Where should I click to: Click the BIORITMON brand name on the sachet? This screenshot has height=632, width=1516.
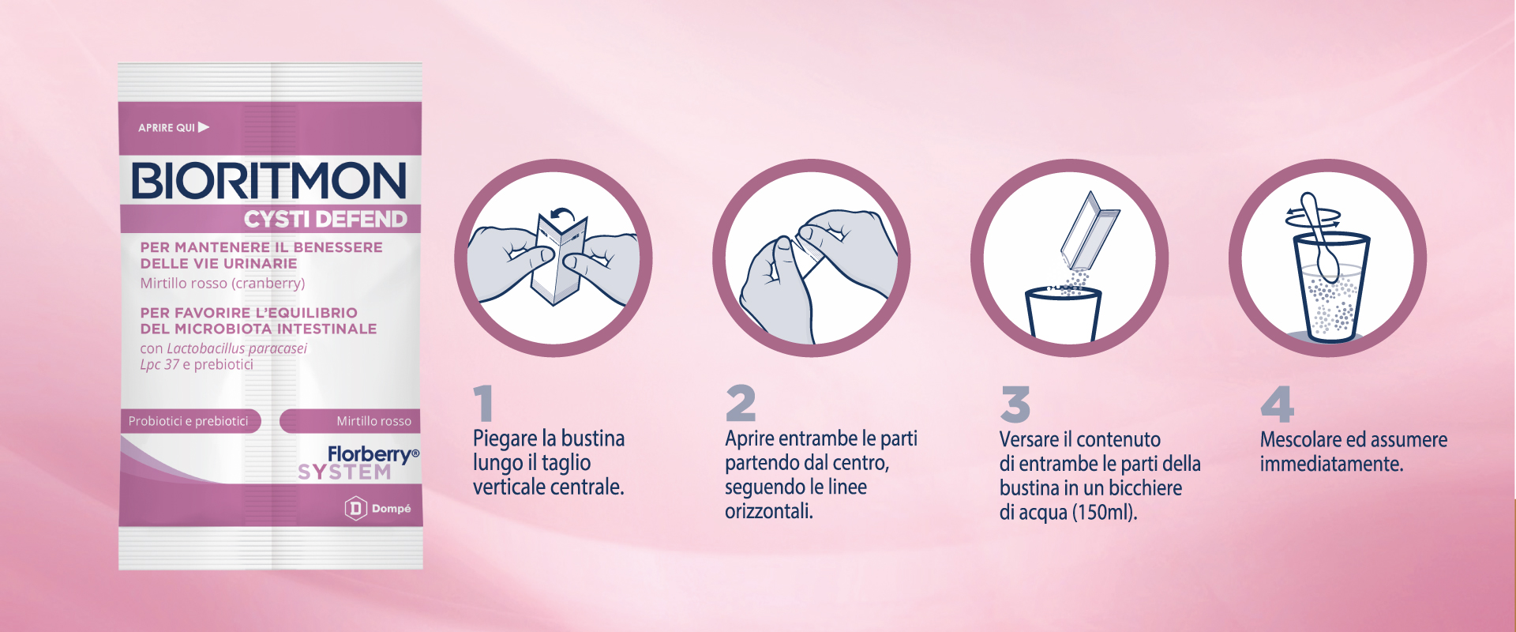point(268,181)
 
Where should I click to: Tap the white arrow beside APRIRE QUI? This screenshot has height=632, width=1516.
point(204,127)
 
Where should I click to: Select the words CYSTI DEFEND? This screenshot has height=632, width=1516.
point(325,219)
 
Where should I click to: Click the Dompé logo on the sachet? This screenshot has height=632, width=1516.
point(377,508)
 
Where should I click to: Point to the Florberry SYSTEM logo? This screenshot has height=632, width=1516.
point(358,463)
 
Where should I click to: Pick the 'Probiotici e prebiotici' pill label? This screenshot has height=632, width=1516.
point(189,421)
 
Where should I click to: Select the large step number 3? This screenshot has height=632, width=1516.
point(1015,404)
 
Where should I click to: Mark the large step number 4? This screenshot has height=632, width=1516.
point(1277,404)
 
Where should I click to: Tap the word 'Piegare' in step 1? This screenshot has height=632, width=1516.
point(505,438)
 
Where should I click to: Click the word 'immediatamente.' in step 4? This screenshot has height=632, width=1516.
point(1331,464)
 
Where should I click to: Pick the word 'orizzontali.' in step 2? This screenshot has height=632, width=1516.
point(769,511)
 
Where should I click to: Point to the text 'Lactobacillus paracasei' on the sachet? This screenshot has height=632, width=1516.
point(237,348)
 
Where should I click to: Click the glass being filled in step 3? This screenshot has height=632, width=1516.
point(1061,316)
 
